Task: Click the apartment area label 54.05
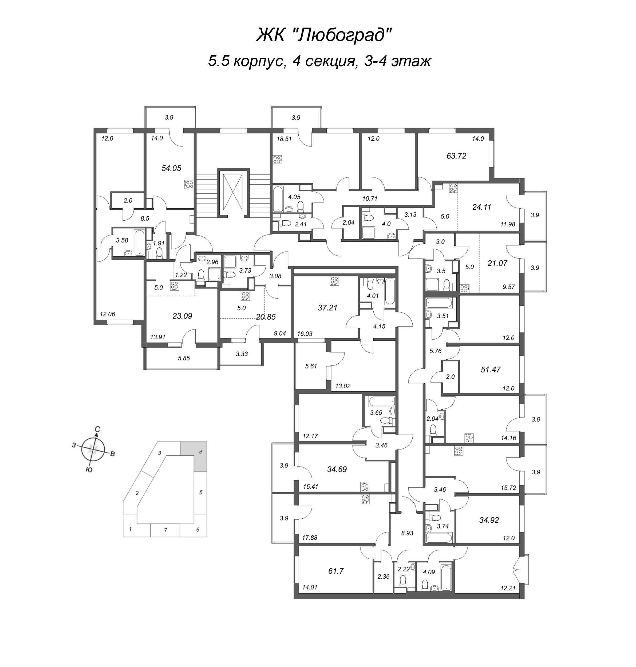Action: pyautogui.click(x=172, y=168)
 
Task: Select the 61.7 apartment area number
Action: pyautogui.click(x=336, y=571)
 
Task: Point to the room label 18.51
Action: pyautogui.click(x=284, y=139)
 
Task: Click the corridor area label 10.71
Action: pyautogui.click(x=370, y=198)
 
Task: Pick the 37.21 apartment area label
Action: pyautogui.click(x=328, y=308)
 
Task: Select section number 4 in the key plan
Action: pyautogui.click(x=200, y=452)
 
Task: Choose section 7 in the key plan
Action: pyautogui.click(x=165, y=530)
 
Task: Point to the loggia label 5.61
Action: pyautogui.click(x=311, y=366)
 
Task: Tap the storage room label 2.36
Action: pyautogui.click(x=384, y=576)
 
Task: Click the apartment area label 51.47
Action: pyautogui.click(x=491, y=370)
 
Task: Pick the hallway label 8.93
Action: pyautogui.click(x=407, y=533)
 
